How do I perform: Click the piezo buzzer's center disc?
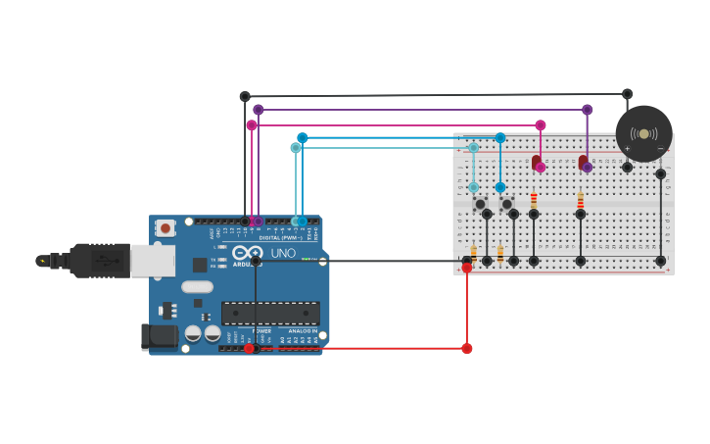tap(643, 133)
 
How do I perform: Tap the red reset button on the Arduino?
tap(166, 228)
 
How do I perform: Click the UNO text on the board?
tap(283, 253)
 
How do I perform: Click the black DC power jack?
tap(161, 336)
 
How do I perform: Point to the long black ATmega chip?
tap(270, 313)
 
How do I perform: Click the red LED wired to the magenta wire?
tap(536, 162)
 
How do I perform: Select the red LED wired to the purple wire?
tap(583, 162)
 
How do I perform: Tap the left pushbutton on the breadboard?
tap(480, 204)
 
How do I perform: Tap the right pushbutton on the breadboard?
tap(506, 204)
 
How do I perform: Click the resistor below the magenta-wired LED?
tap(534, 201)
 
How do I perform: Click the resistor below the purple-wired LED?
tap(580, 201)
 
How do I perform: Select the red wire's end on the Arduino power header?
tap(249, 348)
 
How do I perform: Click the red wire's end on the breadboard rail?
tap(467, 268)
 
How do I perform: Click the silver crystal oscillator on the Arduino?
tap(197, 287)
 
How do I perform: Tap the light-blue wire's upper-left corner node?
tap(296, 148)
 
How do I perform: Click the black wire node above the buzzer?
tap(627, 94)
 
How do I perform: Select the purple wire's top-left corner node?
tap(259, 110)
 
